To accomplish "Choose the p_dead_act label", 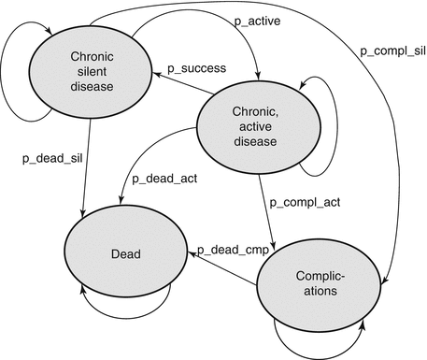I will (164, 179).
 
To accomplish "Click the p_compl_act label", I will (303, 201).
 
